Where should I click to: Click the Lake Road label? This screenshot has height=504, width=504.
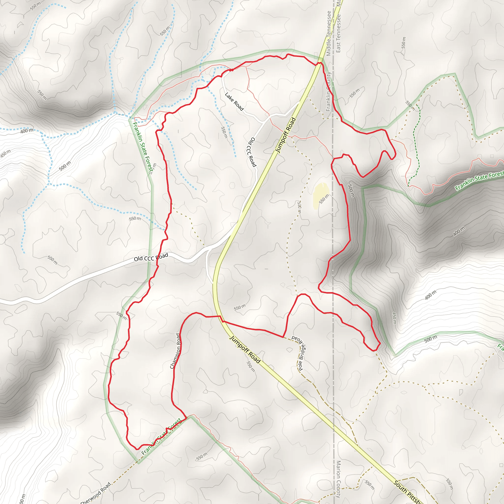pyautogui.click(x=234, y=101)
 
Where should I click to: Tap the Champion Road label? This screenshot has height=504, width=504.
pyautogui.click(x=175, y=351)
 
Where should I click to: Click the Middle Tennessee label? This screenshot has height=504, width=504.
pyautogui.click(x=329, y=33)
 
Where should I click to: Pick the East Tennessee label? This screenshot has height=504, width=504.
pyautogui.click(x=338, y=33)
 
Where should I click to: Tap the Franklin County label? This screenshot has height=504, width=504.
pyautogui.click(x=328, y=92)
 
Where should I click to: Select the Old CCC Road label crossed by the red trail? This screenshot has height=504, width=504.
pyautogui.click(x=151, y=257)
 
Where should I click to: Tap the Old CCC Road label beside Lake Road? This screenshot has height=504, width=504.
pyautogui.click(x=252, y=152)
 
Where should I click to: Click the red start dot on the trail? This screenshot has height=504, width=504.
pyautogui.click(x=232, y=70)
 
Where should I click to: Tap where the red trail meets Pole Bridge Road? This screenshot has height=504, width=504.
pyautogui.click(x=283, y=337)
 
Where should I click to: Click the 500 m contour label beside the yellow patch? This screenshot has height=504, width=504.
pyautogui.click(x=351, y=191)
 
